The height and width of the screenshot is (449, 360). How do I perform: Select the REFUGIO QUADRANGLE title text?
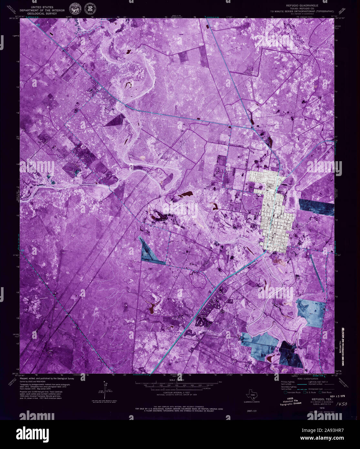(x=302, y=6)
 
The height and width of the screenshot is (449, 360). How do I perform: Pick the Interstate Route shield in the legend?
(x=285, y=392)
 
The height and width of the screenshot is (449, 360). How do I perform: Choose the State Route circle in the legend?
(x=320, y=392)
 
